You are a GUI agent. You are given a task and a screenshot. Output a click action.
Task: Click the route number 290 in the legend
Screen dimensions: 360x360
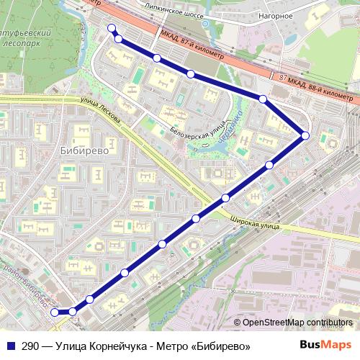point(30,346)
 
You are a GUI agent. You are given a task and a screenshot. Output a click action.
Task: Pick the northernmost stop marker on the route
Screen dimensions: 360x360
point(111,28)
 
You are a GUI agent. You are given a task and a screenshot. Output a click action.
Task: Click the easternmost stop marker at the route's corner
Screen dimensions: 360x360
point(305,135)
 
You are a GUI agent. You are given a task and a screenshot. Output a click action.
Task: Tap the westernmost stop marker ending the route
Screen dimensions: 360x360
point(55,312)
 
